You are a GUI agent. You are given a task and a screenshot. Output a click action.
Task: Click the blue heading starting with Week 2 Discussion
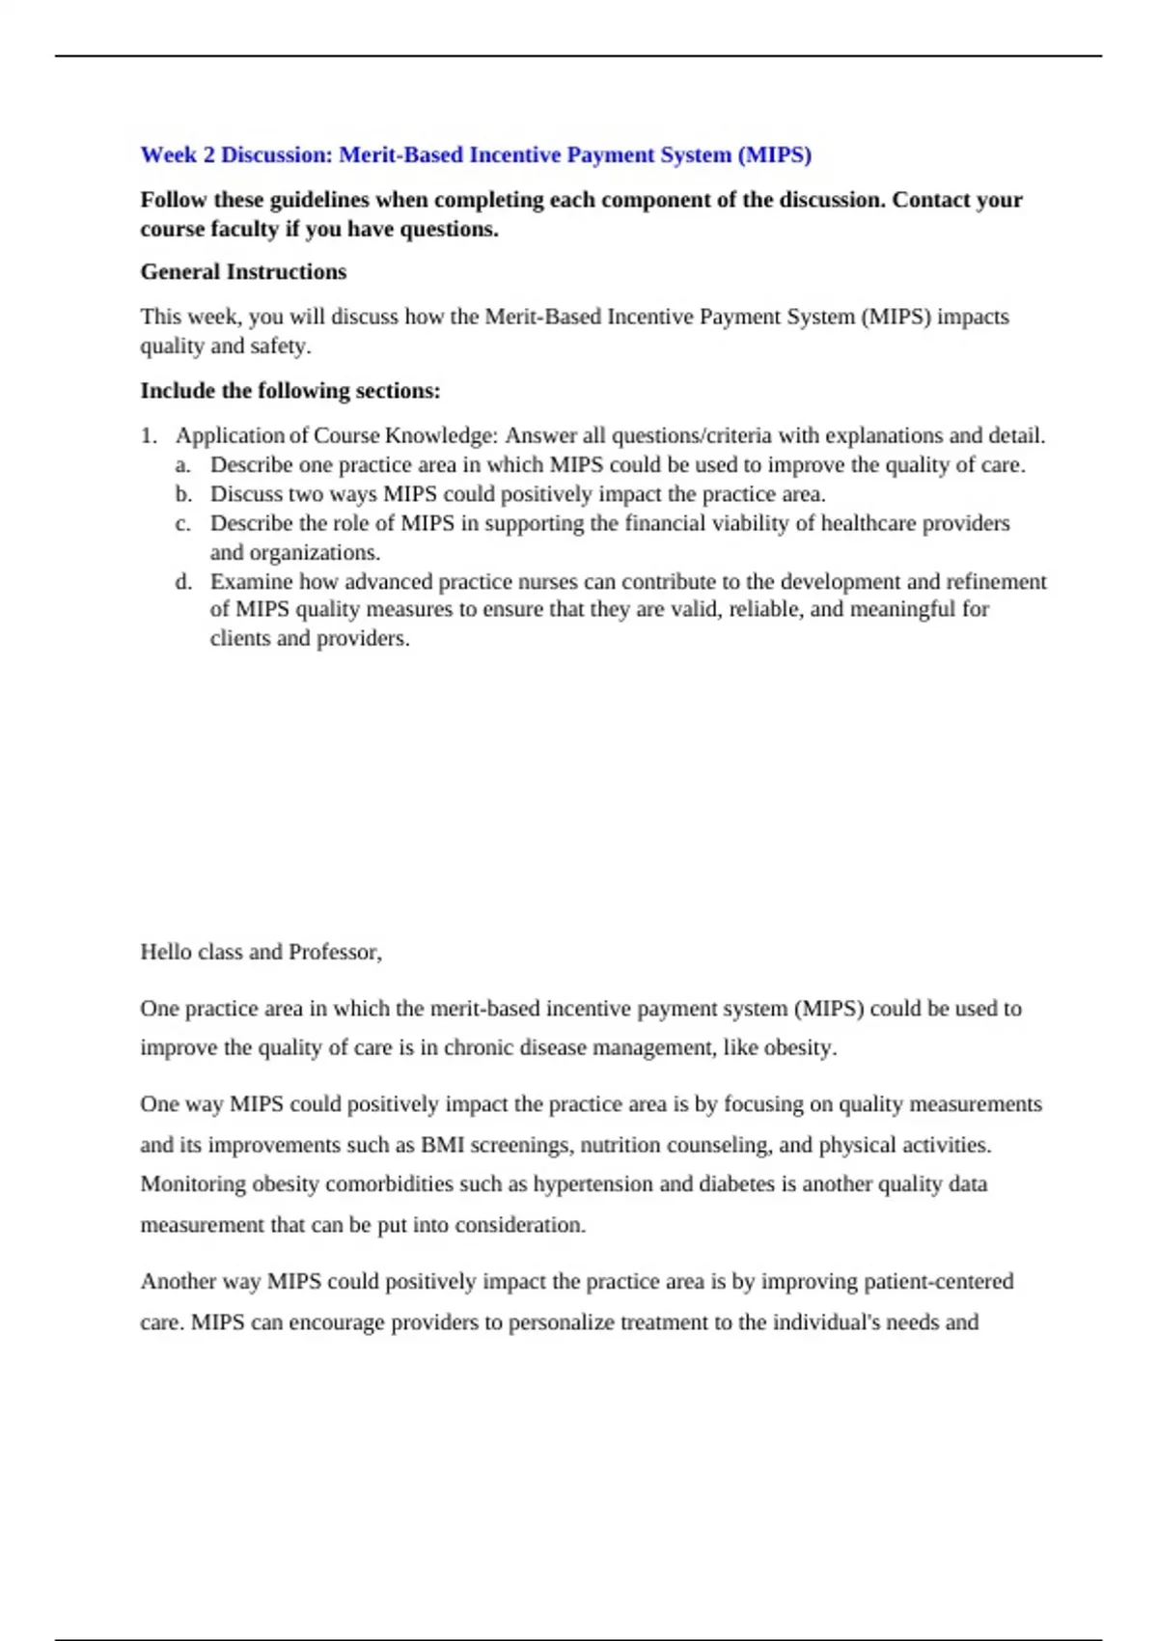point(476,154)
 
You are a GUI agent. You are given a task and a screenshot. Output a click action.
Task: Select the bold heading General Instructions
point(243,272)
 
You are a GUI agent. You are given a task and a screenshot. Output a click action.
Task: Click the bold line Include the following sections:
point(289,391)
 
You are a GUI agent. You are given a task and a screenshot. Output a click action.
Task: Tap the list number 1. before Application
point(148,435)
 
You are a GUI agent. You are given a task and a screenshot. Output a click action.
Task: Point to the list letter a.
point(182,465)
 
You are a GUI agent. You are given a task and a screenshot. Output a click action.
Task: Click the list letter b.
point(183,494)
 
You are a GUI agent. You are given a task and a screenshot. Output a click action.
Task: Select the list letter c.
point(182,523)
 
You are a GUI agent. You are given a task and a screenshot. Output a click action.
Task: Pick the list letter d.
point(183,582)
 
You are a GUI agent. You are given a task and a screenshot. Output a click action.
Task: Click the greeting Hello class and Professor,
point(261,952)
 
